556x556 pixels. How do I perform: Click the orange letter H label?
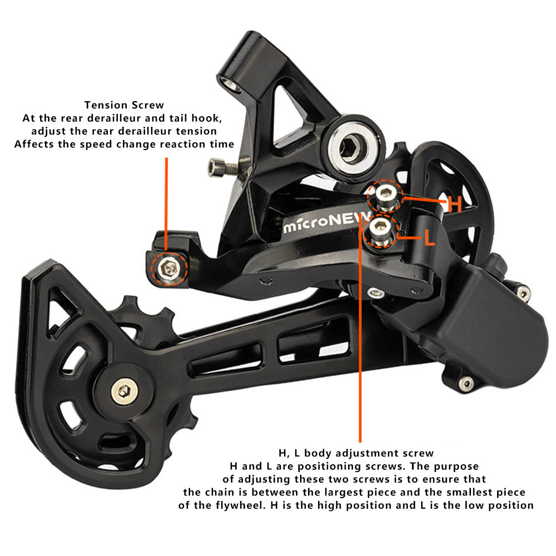[455, 205]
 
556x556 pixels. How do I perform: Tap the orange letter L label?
[429, 239]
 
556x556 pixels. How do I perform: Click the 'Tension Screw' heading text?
[124, 105]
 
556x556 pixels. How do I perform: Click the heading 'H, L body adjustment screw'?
[356, 453]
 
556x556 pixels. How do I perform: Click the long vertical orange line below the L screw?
[360, 334]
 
